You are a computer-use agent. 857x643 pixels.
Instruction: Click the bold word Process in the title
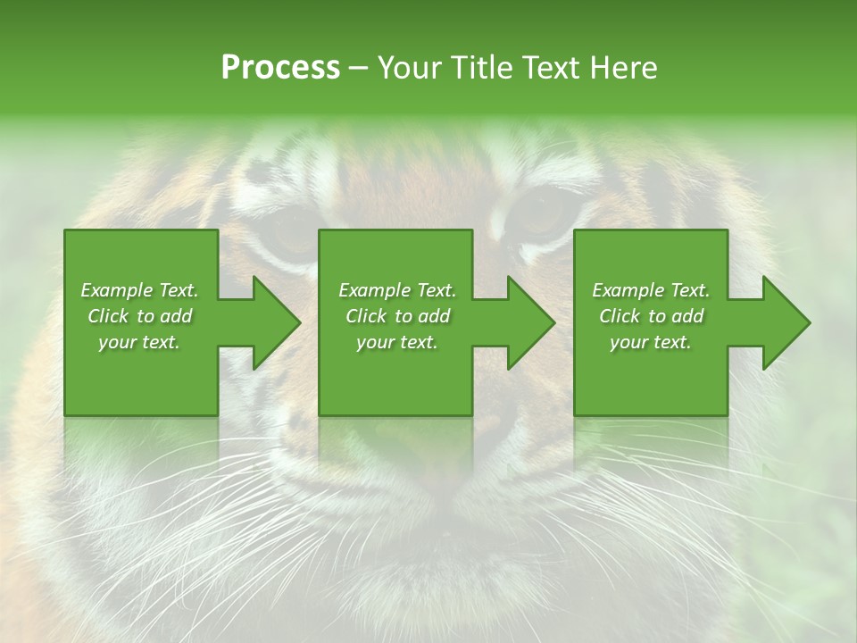280,67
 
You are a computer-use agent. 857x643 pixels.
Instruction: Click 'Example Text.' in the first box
140,290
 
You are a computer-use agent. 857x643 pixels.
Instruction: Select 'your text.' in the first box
140,342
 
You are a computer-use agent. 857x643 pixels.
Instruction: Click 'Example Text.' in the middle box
397,290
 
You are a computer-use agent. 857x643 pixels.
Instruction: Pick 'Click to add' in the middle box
397,316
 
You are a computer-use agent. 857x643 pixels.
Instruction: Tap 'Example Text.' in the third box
651,290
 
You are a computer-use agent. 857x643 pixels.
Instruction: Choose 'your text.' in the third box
651,342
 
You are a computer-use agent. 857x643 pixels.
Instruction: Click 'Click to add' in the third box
651,316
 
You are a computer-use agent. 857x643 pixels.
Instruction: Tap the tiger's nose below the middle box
428,487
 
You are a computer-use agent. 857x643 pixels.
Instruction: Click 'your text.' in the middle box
397,342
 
